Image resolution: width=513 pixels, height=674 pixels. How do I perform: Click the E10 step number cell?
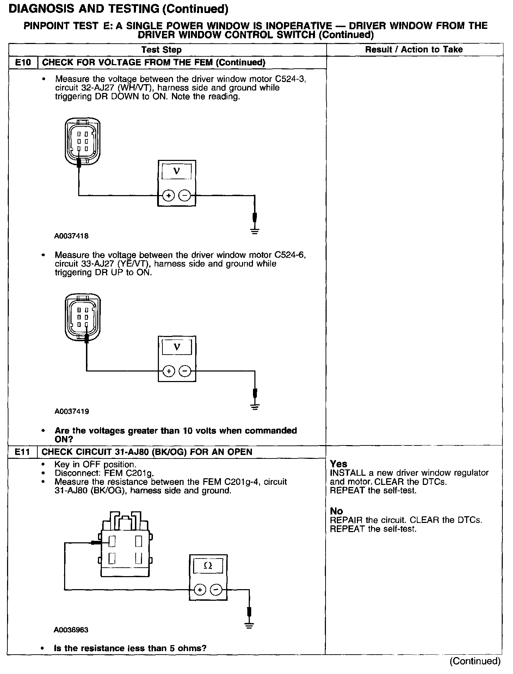point(23,63)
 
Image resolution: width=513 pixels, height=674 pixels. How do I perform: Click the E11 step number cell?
point(22,452)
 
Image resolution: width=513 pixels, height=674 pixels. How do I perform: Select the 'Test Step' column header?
point(161,50)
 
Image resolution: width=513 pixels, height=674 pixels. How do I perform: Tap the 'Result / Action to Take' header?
point(414,50)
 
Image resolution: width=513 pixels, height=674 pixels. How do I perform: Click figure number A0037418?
point(72,236)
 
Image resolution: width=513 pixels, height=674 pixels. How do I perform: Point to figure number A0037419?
point(72,411)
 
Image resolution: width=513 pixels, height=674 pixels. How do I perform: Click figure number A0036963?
point(71,630)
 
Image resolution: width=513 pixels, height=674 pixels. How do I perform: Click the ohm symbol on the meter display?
point(208,566)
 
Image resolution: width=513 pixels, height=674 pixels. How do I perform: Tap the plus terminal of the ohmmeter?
point(199,589)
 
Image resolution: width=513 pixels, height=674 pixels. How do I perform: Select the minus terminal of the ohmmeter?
point(216,589)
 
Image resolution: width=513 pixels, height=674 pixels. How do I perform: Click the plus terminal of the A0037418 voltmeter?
point(169,195)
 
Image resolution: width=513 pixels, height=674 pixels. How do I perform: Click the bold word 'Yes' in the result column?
point(339,464)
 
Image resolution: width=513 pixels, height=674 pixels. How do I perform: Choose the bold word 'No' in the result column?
point(336,511)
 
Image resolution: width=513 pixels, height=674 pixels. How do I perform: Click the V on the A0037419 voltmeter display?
point(177,347)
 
